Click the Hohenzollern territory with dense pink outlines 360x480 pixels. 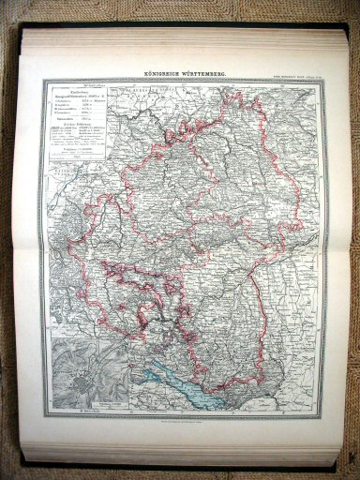click(x=141, y=300)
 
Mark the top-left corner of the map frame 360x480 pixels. click(x=40, y=79)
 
